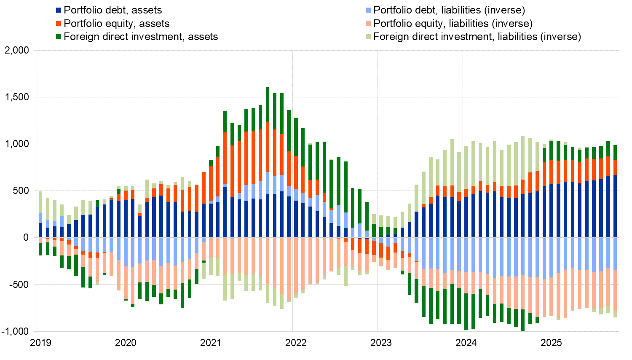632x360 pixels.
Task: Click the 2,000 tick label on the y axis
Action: (16, 51)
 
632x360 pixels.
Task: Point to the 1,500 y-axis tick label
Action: (16, 97)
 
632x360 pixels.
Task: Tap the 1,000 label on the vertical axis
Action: (16, 144)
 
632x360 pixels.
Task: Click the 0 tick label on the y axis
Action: (26, 238)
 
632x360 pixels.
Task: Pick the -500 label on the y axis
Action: (19, 285)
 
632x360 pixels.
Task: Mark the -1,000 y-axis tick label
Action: (15, 331)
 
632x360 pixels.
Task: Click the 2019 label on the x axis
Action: (41, 343)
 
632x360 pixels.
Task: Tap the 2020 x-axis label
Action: (126, 343)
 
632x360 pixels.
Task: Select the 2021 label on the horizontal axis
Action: (211, 343)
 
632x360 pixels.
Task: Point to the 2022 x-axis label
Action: (296, 343)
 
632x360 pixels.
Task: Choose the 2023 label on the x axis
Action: (381, 343)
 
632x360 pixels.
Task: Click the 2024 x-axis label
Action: (466, 343)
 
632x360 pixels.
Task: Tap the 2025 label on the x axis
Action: (551, 343)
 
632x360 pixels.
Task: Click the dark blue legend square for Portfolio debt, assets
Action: (59, 10)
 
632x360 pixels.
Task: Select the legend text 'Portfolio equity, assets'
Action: (117, 24)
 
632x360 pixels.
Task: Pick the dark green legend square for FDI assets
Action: (59, 37)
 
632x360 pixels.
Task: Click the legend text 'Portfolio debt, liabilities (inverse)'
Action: (449, 10)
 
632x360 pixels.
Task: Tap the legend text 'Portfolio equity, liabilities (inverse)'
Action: (453, 24)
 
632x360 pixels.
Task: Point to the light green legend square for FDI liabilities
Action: (368, 37)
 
